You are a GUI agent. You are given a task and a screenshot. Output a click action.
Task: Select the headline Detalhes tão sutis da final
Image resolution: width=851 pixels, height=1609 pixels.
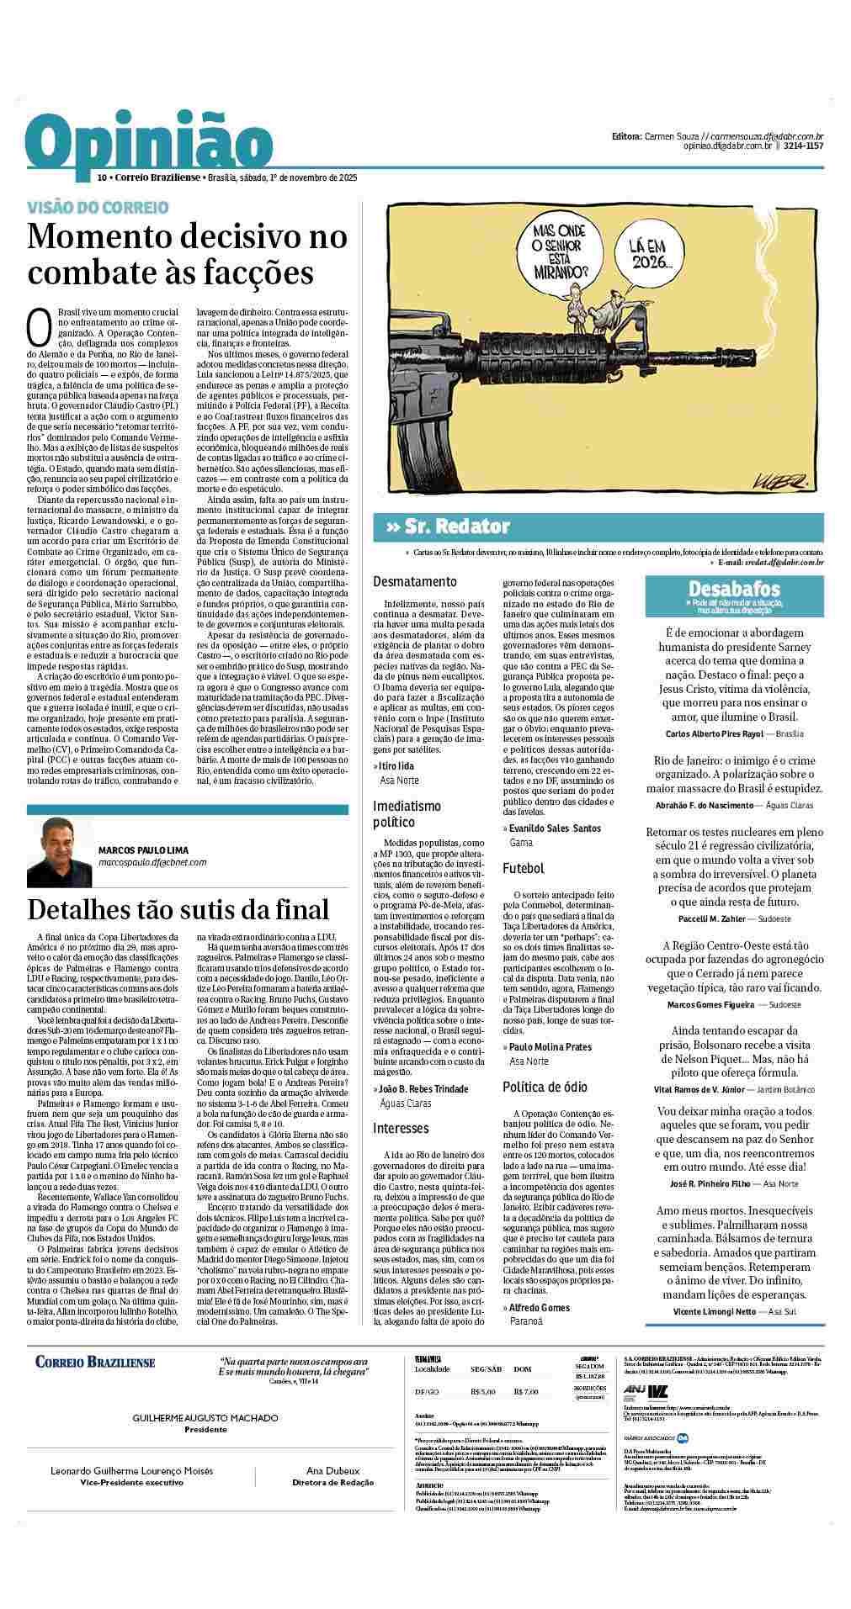178,909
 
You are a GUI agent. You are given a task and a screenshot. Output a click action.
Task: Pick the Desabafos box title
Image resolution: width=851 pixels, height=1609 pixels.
734,589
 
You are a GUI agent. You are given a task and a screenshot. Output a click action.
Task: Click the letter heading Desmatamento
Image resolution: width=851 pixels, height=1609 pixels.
415,581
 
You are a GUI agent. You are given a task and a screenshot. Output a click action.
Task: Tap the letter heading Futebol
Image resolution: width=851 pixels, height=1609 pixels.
524,868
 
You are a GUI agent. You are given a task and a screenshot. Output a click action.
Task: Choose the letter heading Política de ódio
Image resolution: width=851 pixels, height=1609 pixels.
545,1087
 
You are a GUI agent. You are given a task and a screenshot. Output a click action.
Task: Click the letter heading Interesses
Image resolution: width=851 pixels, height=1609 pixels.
401,1128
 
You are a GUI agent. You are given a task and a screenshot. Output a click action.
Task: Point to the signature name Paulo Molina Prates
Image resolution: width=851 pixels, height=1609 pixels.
550,1047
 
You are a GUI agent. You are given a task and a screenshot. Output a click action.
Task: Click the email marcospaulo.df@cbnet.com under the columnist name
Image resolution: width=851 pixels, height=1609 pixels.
152,862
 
